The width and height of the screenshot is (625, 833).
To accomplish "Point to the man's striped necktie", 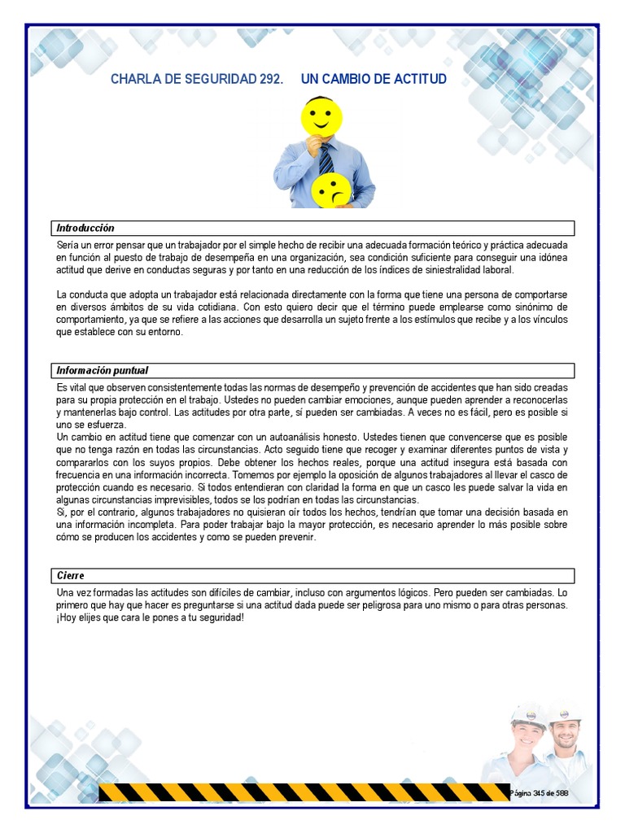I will tap(326, 159).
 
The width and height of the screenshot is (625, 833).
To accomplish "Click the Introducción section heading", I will tap(85, 228).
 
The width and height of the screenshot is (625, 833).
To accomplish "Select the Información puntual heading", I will tap(103, 371).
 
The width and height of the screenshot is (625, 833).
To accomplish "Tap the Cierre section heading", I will tap(71, 576).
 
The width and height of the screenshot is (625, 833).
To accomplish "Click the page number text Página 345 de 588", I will tap(539, 792).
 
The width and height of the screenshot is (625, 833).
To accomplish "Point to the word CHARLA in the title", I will tap(135, 80).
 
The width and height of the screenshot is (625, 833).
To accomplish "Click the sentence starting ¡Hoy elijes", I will tap(150, 617).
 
